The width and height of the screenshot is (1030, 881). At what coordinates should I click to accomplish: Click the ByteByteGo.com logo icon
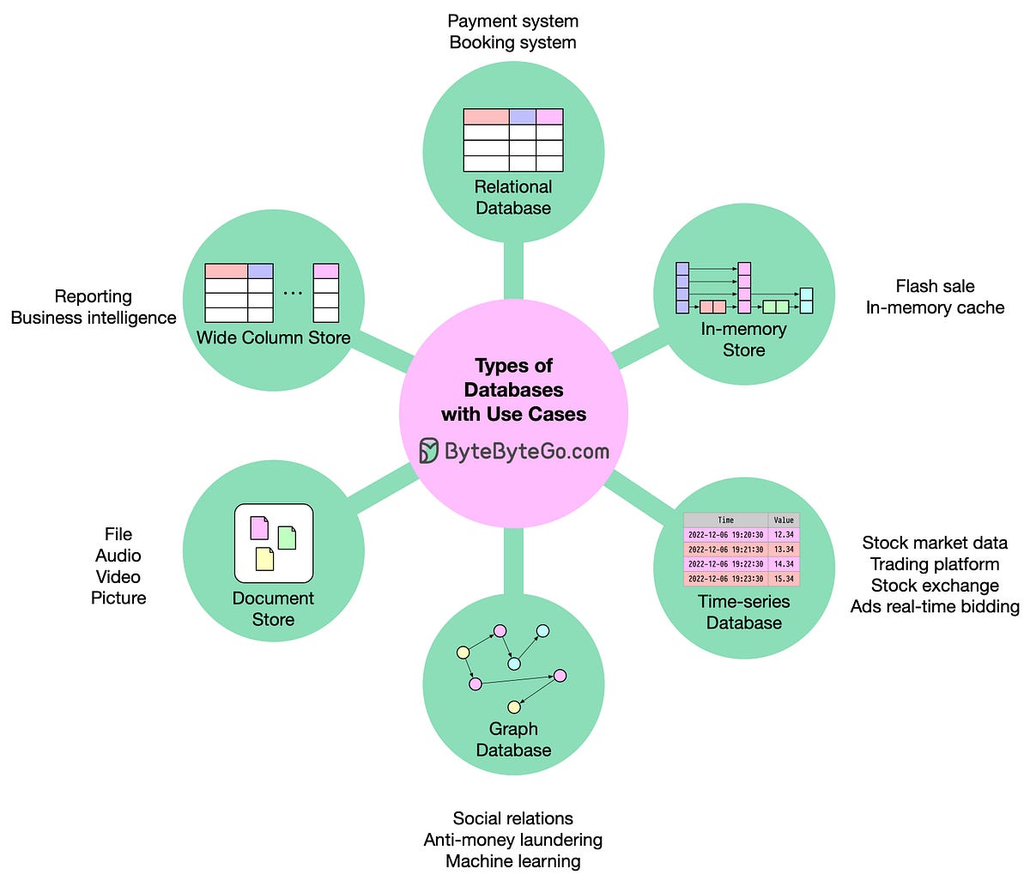pos(429,450)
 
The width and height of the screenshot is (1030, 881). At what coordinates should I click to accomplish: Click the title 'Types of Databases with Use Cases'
pos(513,390)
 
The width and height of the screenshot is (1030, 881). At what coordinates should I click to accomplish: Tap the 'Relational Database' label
pos(513,197)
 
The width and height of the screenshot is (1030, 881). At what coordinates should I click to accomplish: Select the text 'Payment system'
pos(513,21)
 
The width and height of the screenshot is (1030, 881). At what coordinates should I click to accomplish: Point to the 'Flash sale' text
pos(935,286)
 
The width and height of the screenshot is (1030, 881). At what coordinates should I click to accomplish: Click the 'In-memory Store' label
pos(743,339)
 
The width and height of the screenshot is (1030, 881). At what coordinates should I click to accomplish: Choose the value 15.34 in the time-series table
pos(784,579)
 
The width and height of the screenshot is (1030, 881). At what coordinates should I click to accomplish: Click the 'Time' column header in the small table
pos(725,520)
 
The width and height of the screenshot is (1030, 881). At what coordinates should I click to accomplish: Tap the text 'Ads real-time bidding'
pos(935,606)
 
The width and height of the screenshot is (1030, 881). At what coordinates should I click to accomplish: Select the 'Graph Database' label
pos(513,739)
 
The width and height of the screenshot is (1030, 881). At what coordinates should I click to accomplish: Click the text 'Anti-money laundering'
pos(513,840)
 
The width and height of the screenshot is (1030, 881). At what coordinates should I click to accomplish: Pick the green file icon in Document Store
pos(287,538)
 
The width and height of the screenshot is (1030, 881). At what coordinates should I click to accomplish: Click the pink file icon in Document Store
pos(259,527)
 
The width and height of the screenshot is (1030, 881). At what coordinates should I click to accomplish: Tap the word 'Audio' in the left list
pos(118,556)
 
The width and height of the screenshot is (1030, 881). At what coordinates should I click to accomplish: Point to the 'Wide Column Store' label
pos(273,337)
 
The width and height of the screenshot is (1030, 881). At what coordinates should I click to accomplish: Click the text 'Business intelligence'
pos(94,318)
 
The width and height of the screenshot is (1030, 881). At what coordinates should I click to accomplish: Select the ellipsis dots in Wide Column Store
pos(293,293)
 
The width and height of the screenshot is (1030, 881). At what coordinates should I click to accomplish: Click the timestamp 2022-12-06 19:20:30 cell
pos(725,535)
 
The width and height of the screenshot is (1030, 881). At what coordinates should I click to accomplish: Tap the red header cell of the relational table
pos(486,117)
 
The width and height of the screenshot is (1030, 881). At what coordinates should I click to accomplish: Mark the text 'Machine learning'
pos(513,861)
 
